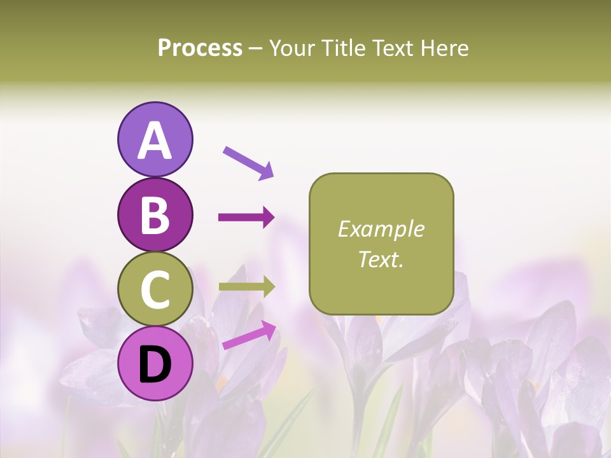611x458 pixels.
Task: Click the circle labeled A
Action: coord(155,139)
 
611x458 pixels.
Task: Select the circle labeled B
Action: coord(155,215)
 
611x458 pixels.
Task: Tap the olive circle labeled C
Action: coord(155,289)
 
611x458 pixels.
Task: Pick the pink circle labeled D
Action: coord(155,363)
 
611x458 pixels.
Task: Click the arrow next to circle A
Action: coord(248,163)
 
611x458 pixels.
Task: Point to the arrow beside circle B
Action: coord(246,218)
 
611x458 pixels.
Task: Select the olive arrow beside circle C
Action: coord(246,287)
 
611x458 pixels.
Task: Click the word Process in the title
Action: coord(200,48)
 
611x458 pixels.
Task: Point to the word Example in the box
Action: coord(381,229)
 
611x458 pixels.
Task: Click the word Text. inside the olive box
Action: coord(381,259)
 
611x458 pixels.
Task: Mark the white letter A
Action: coord(155,141)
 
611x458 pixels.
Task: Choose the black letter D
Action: coord(155,364)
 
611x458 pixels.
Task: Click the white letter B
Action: coord(155,216)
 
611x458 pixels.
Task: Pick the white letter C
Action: coord(155,289)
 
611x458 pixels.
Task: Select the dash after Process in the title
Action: coord(256,49)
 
